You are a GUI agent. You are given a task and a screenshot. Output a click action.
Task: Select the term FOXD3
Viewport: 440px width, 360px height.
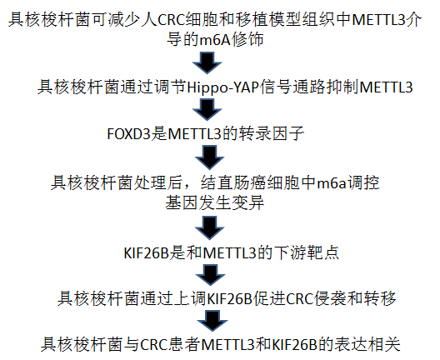129,134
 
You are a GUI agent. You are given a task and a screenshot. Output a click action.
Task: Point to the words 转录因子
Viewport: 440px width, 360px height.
272,133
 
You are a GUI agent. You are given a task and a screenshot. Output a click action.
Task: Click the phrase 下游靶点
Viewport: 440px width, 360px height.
307,252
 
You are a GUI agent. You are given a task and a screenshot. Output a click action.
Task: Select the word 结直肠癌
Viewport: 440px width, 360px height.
233,182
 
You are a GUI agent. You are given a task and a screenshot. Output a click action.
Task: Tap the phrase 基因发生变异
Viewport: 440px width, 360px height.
215,202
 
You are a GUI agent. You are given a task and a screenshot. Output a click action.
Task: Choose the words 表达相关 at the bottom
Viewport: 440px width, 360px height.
367,344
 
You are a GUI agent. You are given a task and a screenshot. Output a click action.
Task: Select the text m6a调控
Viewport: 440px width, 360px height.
348,182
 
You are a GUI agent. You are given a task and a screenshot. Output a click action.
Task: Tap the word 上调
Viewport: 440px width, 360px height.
190,298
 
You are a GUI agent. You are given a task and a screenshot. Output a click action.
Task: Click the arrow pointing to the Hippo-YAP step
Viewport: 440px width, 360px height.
207,62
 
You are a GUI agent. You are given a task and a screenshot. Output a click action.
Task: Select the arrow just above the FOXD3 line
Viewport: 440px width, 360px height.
207,110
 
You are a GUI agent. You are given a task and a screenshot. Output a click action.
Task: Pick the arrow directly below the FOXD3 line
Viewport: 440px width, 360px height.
210,157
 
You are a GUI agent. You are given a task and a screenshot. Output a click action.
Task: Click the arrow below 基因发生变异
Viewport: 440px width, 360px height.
210,227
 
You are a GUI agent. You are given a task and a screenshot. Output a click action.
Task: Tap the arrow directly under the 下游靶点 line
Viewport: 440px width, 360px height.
210,275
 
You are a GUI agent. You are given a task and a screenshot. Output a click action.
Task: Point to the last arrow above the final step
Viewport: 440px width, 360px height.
212,321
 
